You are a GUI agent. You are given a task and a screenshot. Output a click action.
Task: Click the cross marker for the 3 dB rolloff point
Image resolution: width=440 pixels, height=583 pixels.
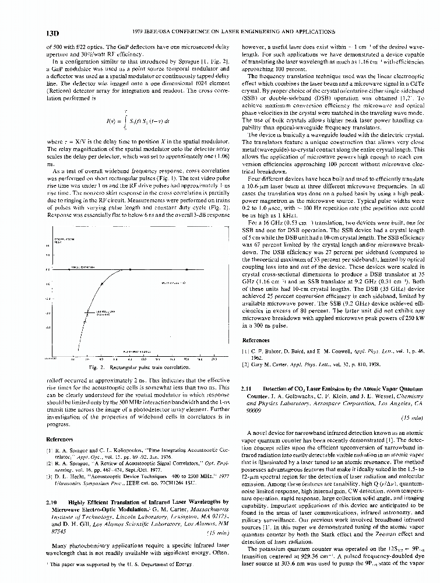point(87,314)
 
